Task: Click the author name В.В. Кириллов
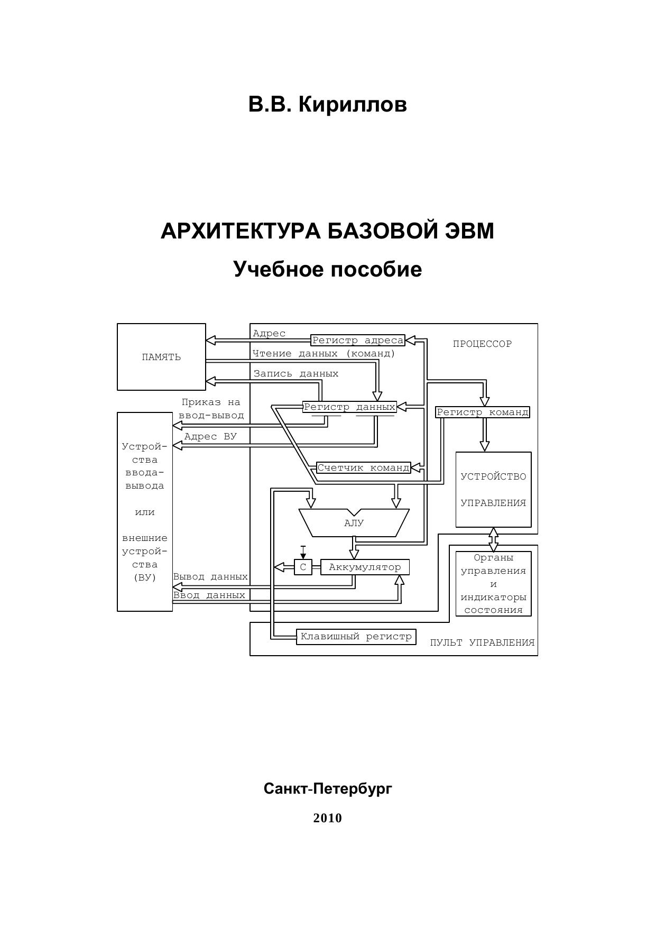coord(327,104)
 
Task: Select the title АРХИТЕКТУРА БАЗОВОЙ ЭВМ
coord(327,231)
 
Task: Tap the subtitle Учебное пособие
coord(327,269)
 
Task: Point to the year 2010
coord(327,818)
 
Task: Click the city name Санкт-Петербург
coord(328,789)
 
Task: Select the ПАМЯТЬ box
coord(161,357)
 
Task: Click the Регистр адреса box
coord(358,341)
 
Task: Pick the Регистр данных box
coord(349,407)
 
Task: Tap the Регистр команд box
coord(482,412)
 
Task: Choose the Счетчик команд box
coord(363,467)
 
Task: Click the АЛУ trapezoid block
coord(354,523)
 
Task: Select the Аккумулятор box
coord(365,567)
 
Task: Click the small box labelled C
coord(303,567)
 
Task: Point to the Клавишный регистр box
coord(356,637)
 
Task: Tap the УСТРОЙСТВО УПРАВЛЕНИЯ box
coord(493,490)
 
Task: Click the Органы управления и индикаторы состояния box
coord(493,584)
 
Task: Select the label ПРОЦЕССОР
coord(482,344)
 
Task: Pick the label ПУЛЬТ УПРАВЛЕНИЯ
coord(482,643)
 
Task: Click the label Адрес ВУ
coord(210,437)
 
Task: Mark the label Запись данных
coord(296,374)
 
